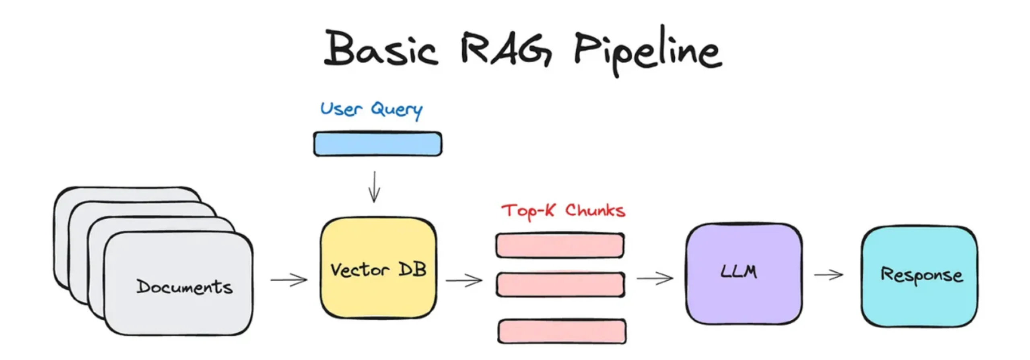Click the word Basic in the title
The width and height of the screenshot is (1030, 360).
coord(380,48)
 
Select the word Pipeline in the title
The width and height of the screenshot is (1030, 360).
coord(648,50)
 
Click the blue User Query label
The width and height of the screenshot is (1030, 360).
coord(371,109)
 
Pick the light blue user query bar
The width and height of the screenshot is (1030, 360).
coord(377,144)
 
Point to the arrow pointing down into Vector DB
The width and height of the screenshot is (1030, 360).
coord(374,187)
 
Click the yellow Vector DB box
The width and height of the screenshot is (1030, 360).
coord(378,268)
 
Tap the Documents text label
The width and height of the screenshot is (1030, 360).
coord(184,286)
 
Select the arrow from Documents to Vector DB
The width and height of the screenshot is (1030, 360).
coord(289,280)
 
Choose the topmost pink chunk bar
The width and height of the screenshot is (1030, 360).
coord(560,245)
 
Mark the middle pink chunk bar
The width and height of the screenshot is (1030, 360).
coord(560,284)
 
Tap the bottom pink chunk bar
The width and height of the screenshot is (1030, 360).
coord(562,331)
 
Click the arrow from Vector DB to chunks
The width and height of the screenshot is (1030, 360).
coord(464,280)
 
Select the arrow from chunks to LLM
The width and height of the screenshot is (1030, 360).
coord(655,278)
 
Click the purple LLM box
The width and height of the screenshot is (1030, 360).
coord(744,274)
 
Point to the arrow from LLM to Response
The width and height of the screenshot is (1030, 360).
coord(828,275)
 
